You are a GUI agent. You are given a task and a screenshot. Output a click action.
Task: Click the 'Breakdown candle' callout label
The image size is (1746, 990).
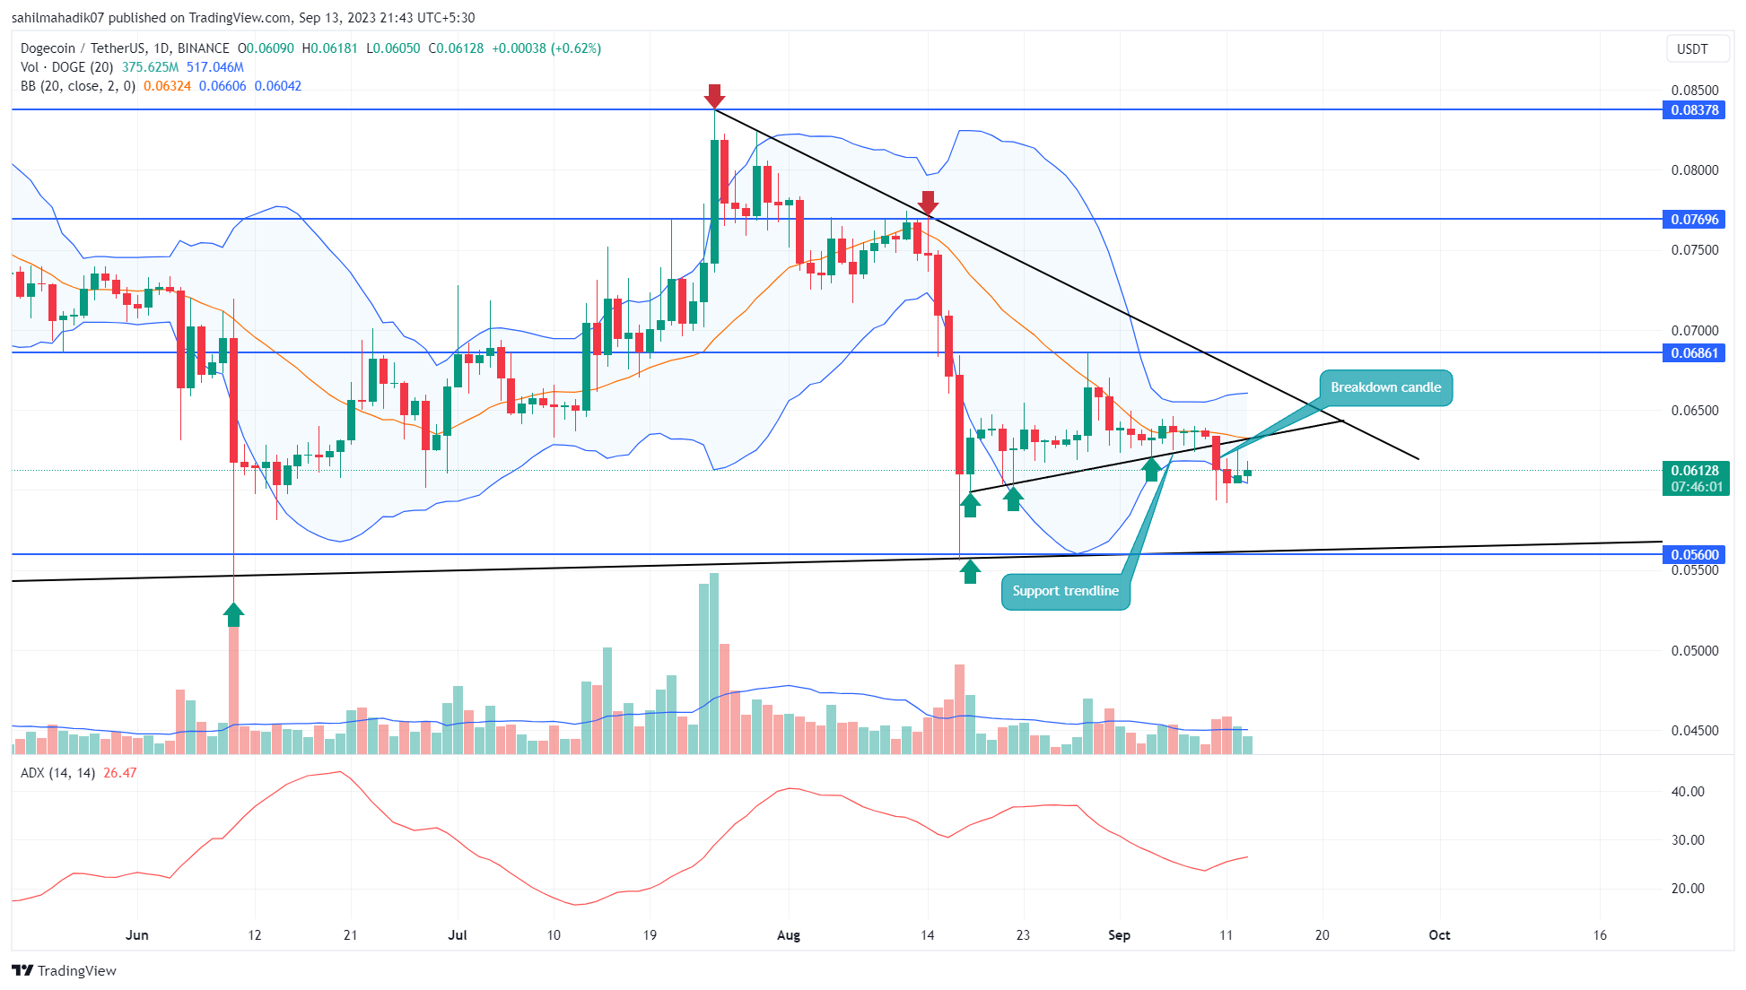1385,387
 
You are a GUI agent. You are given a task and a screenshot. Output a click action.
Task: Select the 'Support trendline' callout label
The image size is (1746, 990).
1065,591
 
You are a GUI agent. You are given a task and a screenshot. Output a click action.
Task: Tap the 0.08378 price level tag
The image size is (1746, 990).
1694,110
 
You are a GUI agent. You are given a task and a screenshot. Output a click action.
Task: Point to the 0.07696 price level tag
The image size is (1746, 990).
1694,220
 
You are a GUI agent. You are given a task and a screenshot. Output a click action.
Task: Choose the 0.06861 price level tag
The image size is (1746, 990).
1694,353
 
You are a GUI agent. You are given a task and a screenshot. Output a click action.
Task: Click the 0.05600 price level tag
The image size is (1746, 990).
1694,555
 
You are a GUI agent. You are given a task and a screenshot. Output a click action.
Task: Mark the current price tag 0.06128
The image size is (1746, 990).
1694,471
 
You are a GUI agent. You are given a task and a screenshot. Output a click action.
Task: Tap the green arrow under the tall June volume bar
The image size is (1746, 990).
233,615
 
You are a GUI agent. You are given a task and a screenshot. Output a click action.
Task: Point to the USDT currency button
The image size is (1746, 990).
1692,49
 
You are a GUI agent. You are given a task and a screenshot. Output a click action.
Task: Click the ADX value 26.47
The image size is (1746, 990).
120,773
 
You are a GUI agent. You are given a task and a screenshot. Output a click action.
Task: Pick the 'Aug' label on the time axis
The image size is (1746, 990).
788,935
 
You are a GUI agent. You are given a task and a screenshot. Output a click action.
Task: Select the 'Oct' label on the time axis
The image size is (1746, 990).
1439,935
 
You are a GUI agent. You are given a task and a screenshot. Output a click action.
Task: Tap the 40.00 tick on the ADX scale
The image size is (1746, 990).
1688,792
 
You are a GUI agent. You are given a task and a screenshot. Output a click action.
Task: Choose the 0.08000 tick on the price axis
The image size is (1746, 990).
1694,170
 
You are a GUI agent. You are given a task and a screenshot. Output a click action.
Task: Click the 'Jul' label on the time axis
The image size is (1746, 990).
458,935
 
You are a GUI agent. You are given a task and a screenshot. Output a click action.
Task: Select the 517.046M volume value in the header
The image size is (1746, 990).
215,67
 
